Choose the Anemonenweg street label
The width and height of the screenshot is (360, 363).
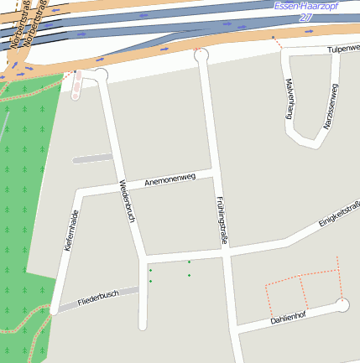click(x=170, y=178)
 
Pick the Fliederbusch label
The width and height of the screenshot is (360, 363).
click(x=97, y=298)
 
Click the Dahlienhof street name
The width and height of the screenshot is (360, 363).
click(x=287, y=317)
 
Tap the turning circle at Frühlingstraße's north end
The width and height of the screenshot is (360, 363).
click(x=201, y=55)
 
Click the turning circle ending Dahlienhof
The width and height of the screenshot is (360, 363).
click(x=342, y=305)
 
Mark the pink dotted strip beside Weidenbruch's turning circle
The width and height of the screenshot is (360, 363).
click(x=78, y=85)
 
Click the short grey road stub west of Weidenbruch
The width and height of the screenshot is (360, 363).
click(x=92, y=158)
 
